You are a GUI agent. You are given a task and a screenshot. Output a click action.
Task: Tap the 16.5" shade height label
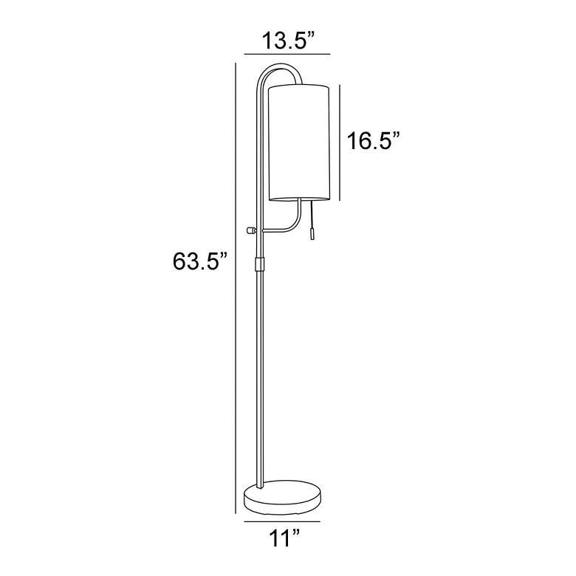[x=374, y=140]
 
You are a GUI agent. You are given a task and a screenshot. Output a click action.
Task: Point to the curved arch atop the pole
[x=278, y=69]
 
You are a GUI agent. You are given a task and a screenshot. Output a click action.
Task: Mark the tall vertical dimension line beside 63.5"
[x=235, y=288]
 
